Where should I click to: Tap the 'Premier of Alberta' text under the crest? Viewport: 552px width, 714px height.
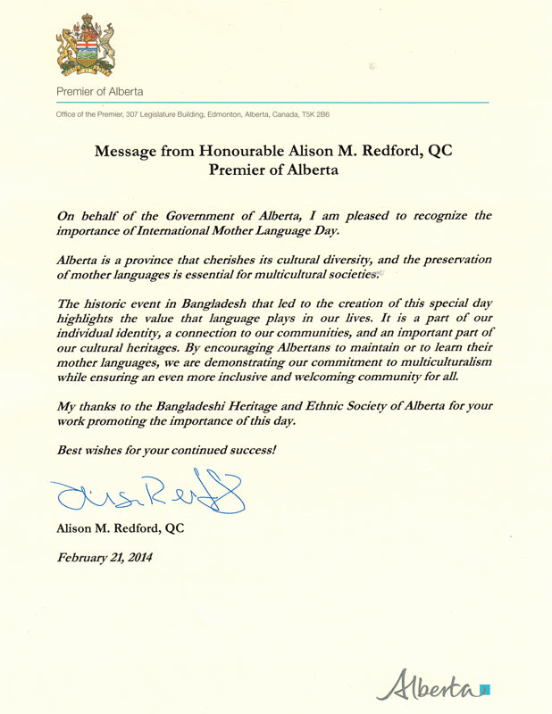(x=99, y=92)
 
